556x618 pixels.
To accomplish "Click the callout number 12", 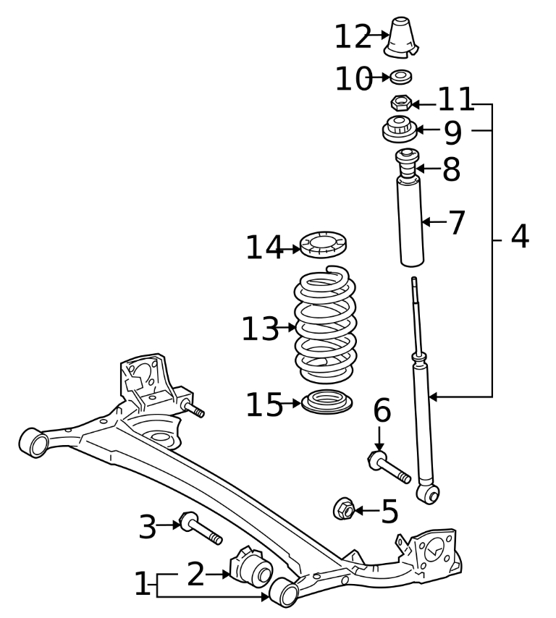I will coord(353,38).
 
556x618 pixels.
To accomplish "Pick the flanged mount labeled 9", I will coord(398,130).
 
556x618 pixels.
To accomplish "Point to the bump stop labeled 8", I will coord(407,164).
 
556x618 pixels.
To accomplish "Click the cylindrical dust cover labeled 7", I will coord(410,223).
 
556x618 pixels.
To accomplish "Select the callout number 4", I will coord(519,237).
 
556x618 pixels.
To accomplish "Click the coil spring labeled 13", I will coord(325,326).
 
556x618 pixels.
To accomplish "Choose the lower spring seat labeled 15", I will coord(326,402).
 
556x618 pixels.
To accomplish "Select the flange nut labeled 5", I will coord(344,509).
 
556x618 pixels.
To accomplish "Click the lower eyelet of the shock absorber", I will coord(429,494).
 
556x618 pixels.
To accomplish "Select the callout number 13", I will coord(259,330).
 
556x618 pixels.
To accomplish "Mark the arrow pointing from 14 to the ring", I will coord(291,249).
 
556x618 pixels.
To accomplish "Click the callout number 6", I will coord(382,411).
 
